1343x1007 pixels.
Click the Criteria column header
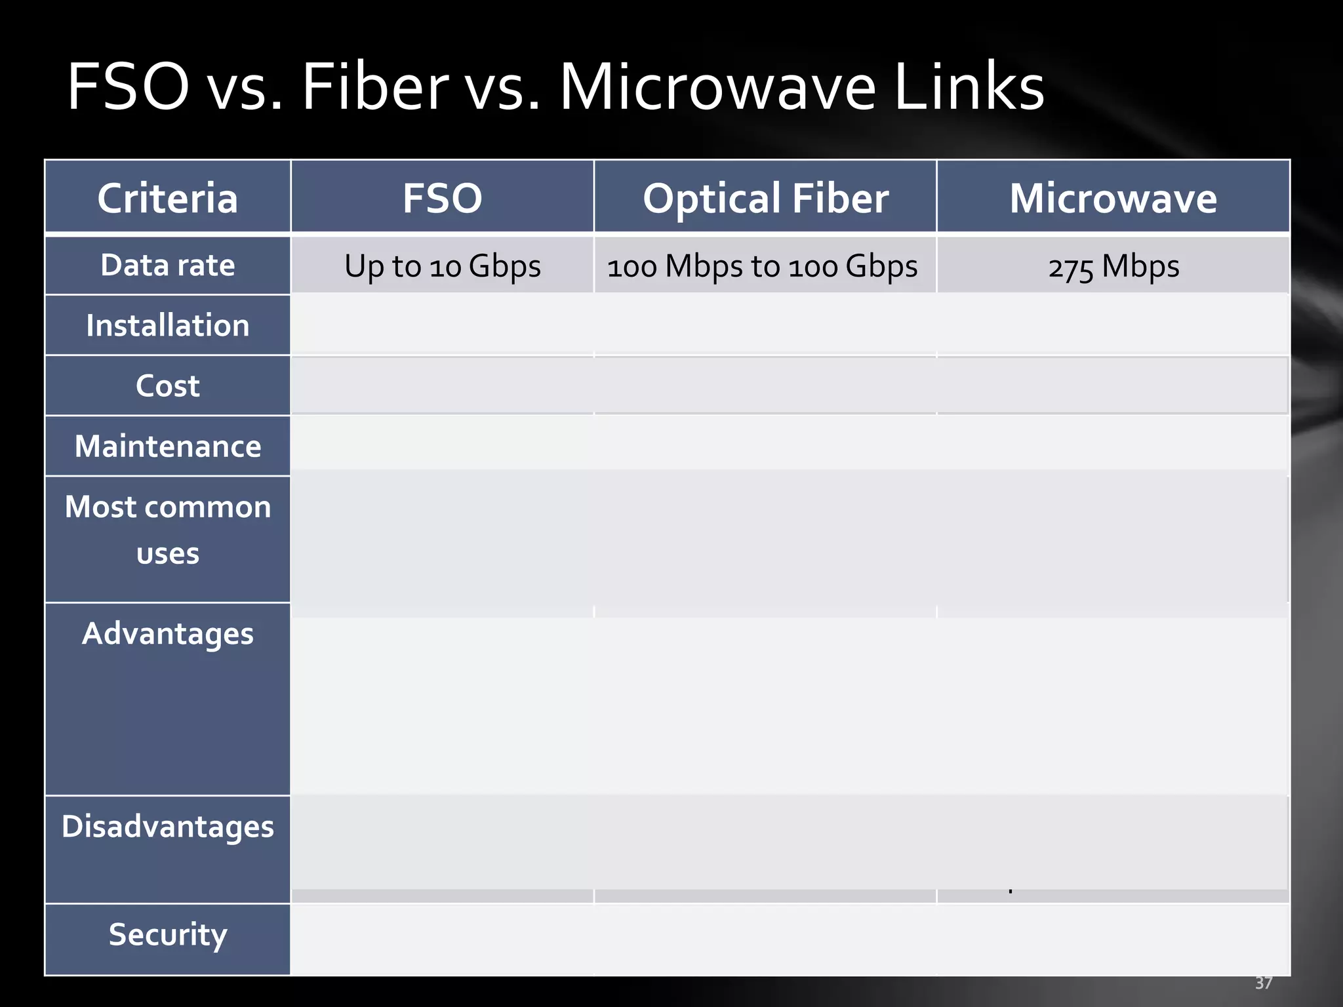click(x=167, y=198)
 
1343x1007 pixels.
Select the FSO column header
click(x=442, y=198)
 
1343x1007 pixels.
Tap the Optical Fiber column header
click(x=765, y=198)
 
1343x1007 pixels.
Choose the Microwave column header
click(x=1113, y=198)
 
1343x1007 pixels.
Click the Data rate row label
click(x=167, y=266)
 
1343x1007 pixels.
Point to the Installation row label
click(x=167, y=325)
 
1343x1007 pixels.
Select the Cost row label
click(x=167, y=385)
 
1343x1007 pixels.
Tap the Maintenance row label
click(x=167, y=446)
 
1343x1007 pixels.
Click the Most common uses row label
click(x=167, y=530)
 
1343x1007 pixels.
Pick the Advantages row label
click(x=167, y=633)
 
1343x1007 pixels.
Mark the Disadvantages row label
click(x=167, y=826)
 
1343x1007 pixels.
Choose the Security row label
click(x=167, y=934)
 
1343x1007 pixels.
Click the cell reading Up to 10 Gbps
click(x=442, y=266)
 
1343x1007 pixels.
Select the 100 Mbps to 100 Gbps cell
click(x=762, y=266)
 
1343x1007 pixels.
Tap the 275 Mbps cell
click(x=1113, y=266)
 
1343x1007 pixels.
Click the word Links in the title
click(x=969, y=87)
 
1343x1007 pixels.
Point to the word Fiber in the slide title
click(x=374, y=87)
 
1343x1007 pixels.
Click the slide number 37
click(x=1263, y=983)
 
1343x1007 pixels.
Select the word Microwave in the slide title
click(x=717, y=87)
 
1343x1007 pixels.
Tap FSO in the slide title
click(x=129, y=87)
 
